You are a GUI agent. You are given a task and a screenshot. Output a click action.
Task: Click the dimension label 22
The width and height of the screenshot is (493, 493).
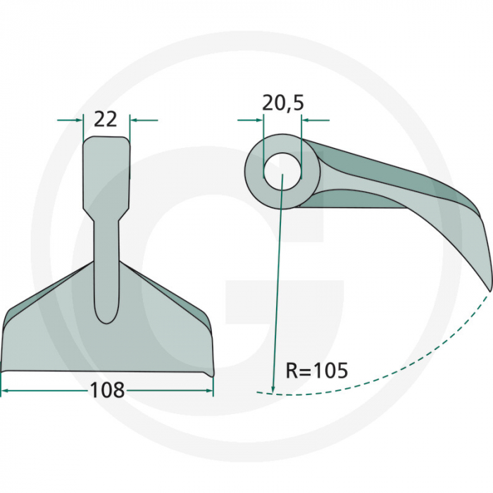[x=105, y=119]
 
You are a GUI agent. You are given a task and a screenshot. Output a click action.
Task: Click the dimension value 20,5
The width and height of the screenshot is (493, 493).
[x=282, y=103]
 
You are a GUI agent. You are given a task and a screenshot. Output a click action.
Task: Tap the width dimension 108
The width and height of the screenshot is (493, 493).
[x=107, y=389]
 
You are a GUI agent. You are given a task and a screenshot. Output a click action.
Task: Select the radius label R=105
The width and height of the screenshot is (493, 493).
[x=316, y=370]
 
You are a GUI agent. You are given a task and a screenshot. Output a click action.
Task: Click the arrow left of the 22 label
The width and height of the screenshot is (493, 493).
[x=70, y=120]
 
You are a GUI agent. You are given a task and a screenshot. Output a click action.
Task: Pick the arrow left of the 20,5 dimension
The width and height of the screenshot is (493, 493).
[x=250, y=120]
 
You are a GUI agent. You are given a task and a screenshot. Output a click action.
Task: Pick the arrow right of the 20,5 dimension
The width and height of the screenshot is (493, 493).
[x=315, y=120]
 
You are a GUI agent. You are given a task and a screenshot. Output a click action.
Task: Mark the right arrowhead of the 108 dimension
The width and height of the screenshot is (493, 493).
[x=207, y=389]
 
